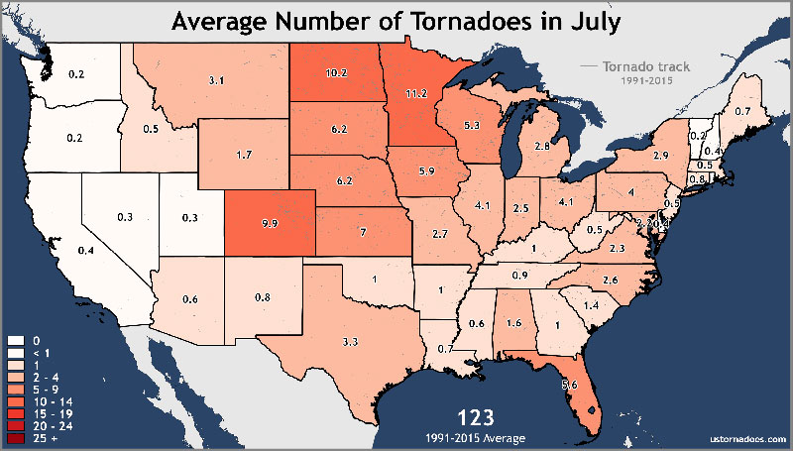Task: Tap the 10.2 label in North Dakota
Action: [336, 72]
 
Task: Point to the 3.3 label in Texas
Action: [349, 341]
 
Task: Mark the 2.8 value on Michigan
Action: [542, 146]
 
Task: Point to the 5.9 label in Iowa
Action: [427, 171]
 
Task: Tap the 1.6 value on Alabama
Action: [513, 323]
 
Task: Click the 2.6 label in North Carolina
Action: [612, 282]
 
